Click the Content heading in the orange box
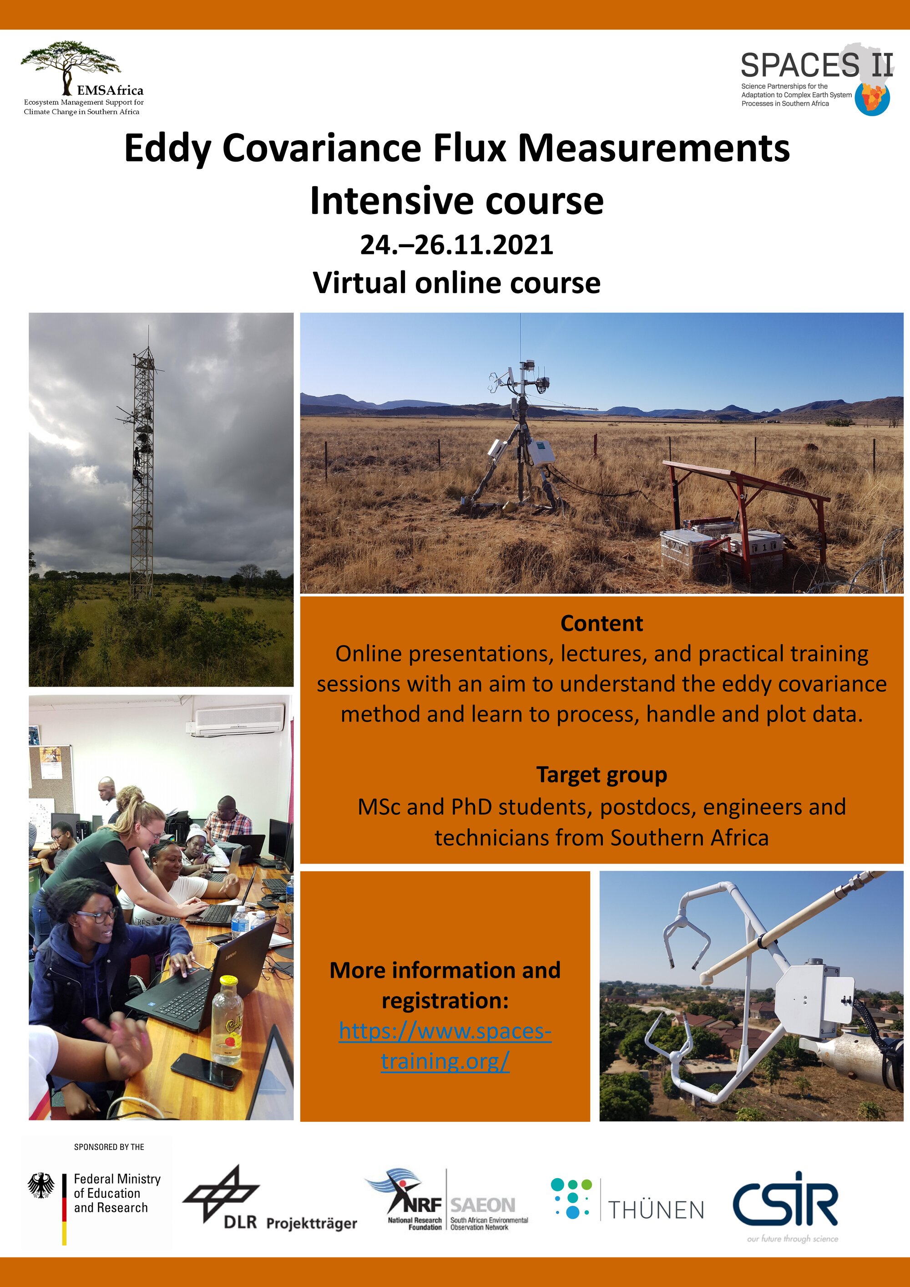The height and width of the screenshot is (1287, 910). point(602,623)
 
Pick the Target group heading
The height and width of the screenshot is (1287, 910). point(602,775)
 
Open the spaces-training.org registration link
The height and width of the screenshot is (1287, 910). point(445,1046)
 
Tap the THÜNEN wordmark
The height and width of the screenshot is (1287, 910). point(656,1210)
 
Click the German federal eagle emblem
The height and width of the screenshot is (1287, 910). point(41,1185)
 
